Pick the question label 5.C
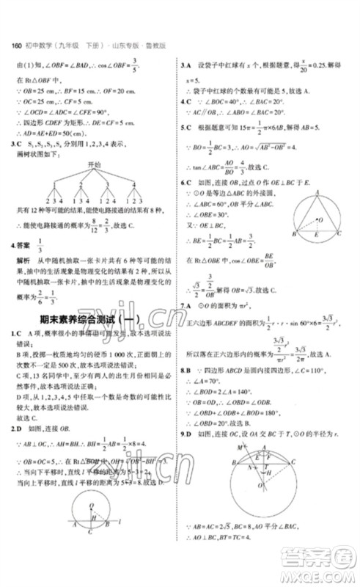point(187,125)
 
